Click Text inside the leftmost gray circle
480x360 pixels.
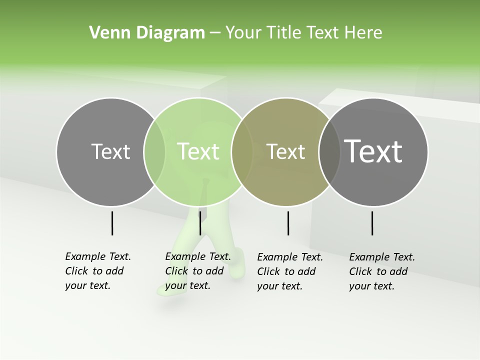[x=110, y=151]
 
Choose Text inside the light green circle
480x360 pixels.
[x=198, y=151]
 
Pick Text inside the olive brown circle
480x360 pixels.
[x=285, y=151]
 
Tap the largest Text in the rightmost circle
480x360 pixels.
[x=373, y=151]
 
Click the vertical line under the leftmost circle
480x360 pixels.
[x=112, y=223]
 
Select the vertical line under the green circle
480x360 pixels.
[x=200, y=223]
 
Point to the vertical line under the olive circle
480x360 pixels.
[x=288, y=223]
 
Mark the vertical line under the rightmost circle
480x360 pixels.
[x=372, y=223]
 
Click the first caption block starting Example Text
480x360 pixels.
[x=98, y=271]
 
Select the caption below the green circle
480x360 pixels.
[x=198, y=271]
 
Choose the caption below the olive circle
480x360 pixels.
[x=290, y=271]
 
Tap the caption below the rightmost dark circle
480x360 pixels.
[x=382, y=271]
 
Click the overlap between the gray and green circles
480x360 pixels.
[x=154, y=151]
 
